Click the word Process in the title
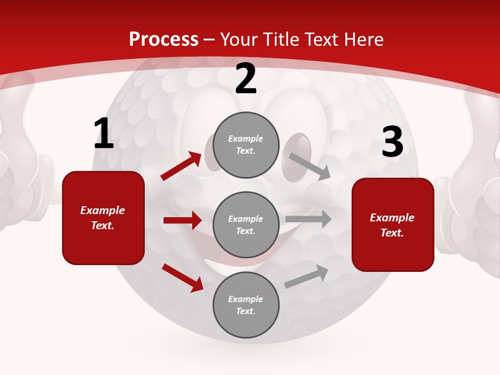[164, 40]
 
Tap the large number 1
[104, 134]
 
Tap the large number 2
[246, 79]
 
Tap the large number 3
[392, 142]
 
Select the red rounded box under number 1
[103, 218]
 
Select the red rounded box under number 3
[393, 225]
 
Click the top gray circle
[246, 145]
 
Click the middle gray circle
[246, 224]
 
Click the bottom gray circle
[246, 305]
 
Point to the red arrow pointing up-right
[181, 166]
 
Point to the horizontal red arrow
[182, 220]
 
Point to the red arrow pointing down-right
[182, 278]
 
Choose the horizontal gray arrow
[308, 219]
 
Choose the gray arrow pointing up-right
[306, 277]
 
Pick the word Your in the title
[239, 40]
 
